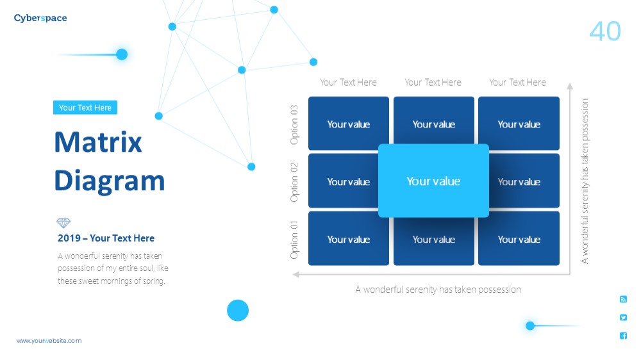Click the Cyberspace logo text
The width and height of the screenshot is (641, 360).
40,19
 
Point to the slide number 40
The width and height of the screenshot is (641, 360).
605,31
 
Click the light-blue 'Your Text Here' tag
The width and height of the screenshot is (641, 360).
85,108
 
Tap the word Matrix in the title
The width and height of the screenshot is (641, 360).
98,142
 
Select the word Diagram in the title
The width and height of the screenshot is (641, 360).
110,181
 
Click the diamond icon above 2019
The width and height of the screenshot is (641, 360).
63,223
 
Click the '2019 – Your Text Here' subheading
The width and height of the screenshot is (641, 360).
106,238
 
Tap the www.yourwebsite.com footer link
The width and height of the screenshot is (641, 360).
49,341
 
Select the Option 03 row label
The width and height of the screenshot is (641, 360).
294,125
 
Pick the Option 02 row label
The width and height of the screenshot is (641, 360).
294,183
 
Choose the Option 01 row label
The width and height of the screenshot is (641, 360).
294,240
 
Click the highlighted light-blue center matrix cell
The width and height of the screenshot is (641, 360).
433,181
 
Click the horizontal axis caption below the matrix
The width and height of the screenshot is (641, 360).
438,290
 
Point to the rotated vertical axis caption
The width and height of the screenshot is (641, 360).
585,181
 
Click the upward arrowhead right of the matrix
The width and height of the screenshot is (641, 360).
570,86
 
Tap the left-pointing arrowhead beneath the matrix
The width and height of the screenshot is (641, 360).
296,275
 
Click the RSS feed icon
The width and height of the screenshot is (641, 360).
623,300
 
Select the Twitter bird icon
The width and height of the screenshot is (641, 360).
623,318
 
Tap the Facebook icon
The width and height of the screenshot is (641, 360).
623,336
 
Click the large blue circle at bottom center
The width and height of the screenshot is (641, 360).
238,310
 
